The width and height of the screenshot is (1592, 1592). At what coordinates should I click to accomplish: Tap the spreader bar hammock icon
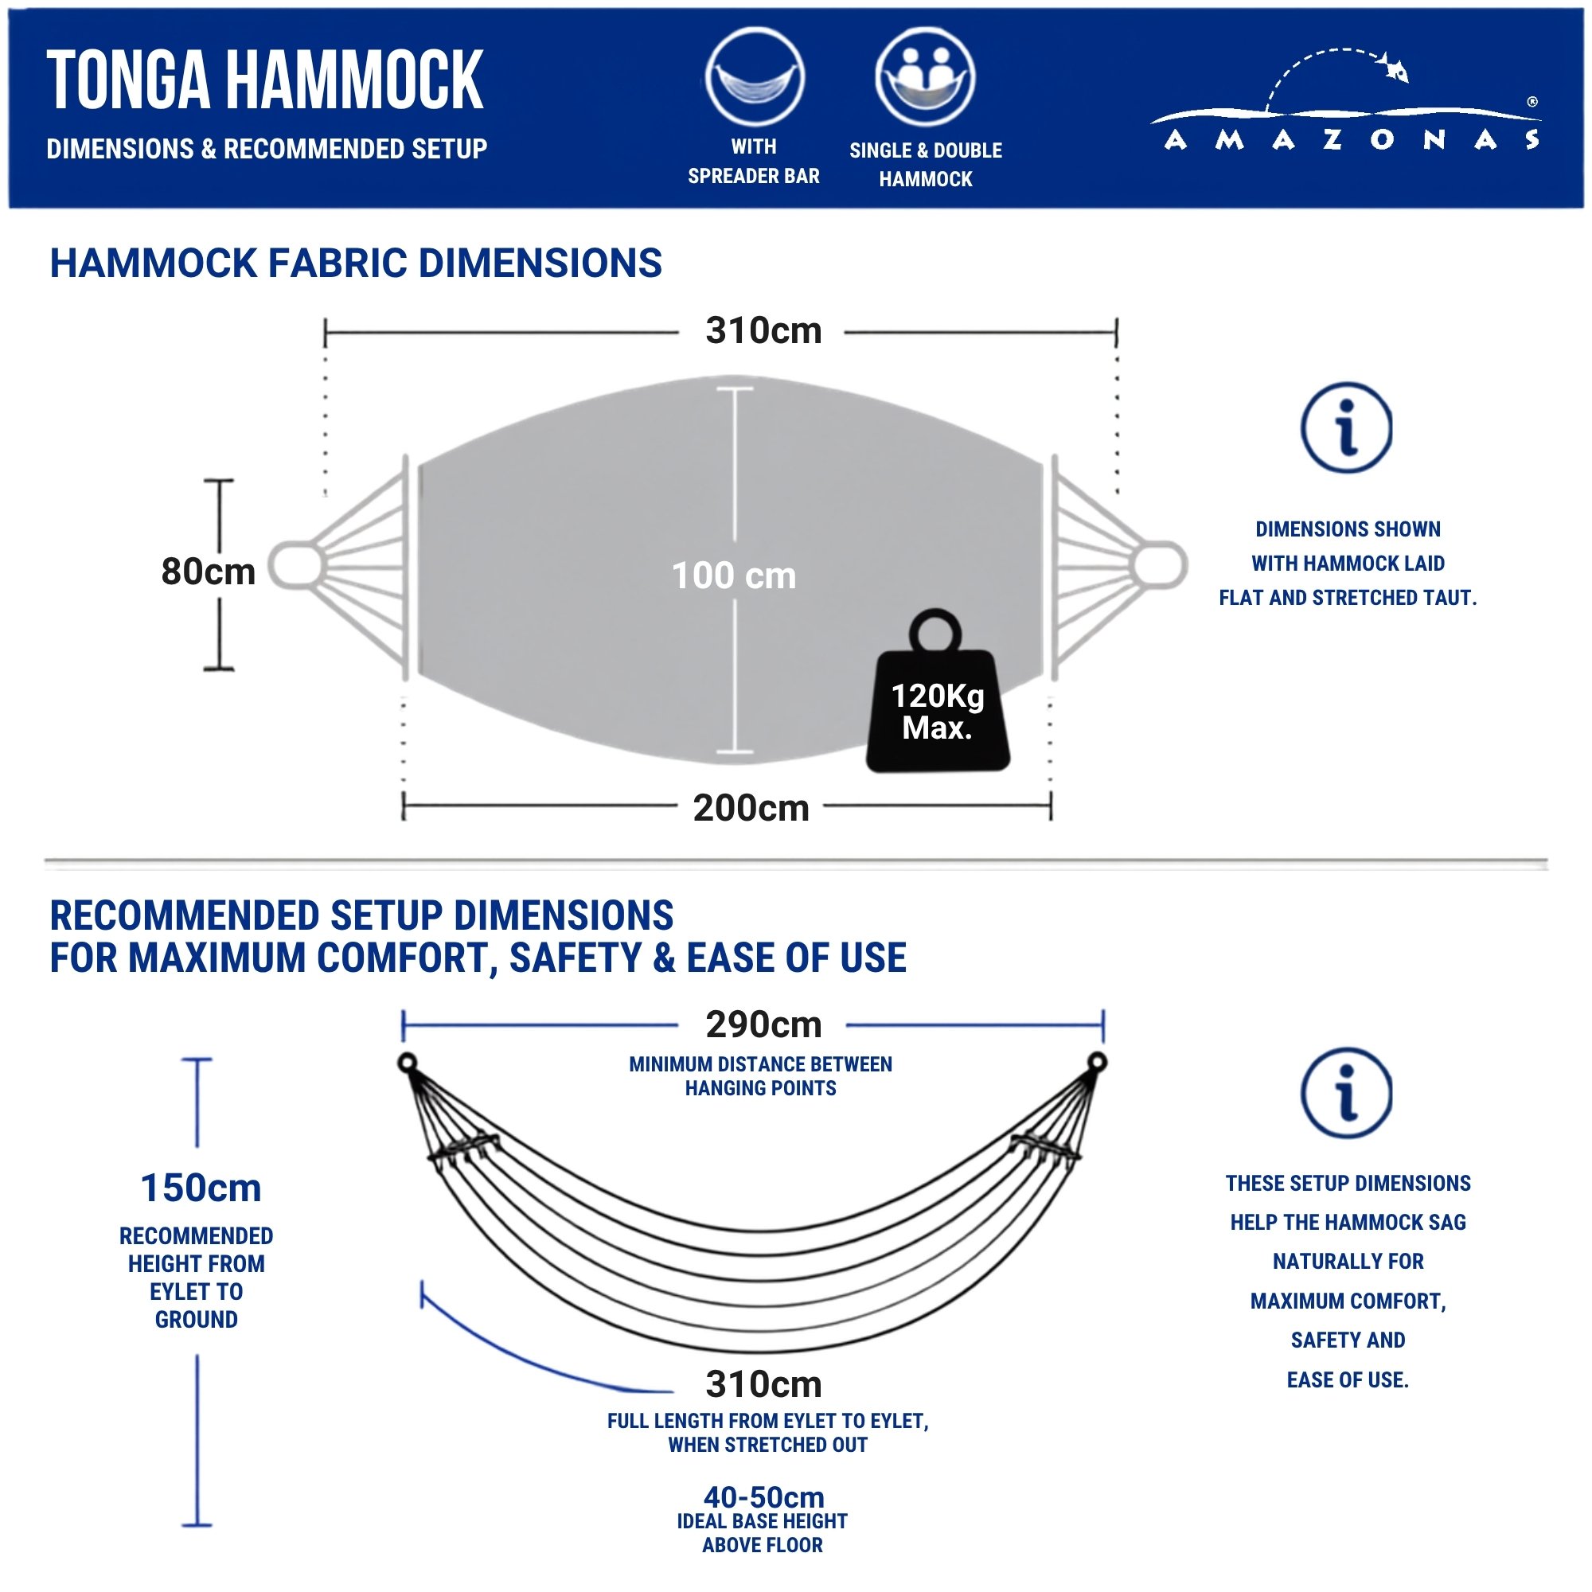pos(754,77)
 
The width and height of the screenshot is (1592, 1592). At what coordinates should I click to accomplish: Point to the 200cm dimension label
pos(751,807)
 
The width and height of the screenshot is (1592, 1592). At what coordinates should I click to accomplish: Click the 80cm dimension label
pos(209,571)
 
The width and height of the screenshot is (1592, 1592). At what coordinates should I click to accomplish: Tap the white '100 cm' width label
pos(733,576)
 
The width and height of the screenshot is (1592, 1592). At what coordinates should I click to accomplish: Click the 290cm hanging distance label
pos(763,1024)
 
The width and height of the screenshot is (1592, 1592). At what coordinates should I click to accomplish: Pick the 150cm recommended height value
pos(201,1188)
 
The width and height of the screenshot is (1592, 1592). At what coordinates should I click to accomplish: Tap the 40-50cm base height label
pos(763,1496)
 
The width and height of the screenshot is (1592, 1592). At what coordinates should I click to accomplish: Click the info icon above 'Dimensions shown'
pos(1347,427)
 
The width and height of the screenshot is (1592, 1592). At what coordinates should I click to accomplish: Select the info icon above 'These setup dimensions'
pos(1347,1094)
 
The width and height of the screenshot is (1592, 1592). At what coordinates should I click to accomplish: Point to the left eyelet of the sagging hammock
pos(407,1062)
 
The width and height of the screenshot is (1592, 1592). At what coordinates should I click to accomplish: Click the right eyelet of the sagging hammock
pos(1097,1061)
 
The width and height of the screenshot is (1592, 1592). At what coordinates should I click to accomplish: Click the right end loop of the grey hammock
pos(1161,564)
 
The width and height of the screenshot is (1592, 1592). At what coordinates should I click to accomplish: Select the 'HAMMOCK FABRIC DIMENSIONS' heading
pos(356,263)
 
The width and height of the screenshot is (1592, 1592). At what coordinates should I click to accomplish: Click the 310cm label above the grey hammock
pos(763,330)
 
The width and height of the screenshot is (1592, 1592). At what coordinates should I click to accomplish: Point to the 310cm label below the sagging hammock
pos(763,1383)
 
